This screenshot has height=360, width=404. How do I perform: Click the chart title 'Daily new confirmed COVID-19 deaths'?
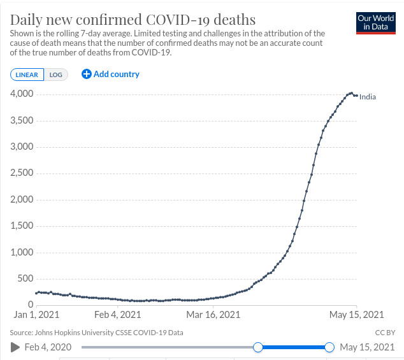(133, 19)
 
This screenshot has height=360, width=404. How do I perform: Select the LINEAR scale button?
(27, 75)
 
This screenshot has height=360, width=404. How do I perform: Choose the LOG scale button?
(56, 75)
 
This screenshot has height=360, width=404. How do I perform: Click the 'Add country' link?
(111, 74)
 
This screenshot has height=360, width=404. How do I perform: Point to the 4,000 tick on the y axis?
(22, 94)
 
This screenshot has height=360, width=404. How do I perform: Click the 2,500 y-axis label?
(22, 173)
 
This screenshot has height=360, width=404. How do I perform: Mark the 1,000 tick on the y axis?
(22, 252)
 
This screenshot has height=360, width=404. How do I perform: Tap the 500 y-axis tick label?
(25, 278)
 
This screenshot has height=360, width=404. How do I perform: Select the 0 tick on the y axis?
(30, 305)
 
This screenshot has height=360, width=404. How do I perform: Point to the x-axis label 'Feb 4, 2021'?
(117, 315)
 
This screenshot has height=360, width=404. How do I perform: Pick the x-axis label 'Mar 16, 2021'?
(213, 315)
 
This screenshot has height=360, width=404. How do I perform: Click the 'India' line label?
(368, 97)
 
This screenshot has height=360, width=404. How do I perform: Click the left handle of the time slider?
(258, 347)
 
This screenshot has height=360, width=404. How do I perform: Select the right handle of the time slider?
(329, 347)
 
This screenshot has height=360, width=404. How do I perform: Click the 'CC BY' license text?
(385, 333)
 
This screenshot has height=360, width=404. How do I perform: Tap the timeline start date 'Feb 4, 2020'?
(48, 347)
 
